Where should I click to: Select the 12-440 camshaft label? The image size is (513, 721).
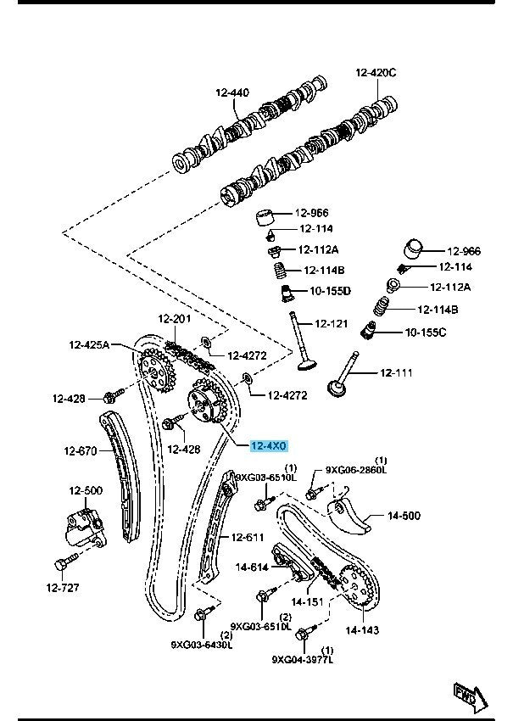pyautogui.click(x=231, y=92)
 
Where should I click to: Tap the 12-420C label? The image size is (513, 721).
pyautogui.click(x=376, y=73)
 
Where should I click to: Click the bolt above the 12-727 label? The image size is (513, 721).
pyautogui.click(x=64, y=562)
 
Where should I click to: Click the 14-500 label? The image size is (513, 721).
pyautogui.click(x=404, y=514)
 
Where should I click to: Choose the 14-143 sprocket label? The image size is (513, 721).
pyautogui.click(x=362, y=630)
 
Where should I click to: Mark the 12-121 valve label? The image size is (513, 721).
pyautogui.click(x=332, y=323)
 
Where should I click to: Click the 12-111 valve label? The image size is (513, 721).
pyautogui.click(x=395, y=372)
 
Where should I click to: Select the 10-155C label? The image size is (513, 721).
pyautogui.click(x=425, y=332)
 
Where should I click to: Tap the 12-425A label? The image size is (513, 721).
pyautogui.click(x=90, y=345)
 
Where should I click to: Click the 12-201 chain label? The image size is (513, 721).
pyautogui.click(x=174, y=319)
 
